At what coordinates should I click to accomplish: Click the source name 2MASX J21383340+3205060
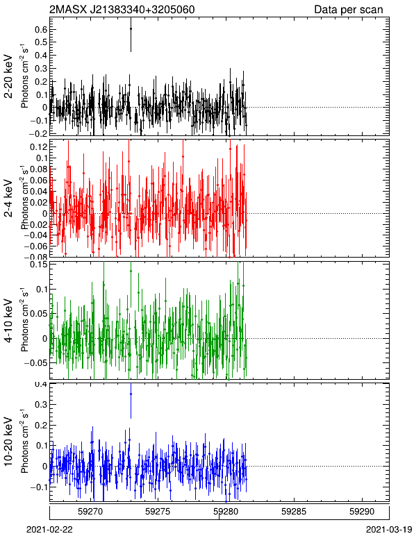122,9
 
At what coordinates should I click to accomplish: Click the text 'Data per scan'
349,10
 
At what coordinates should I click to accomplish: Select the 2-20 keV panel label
9,76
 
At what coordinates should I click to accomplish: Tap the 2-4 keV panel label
9,199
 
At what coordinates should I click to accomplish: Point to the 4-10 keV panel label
9,321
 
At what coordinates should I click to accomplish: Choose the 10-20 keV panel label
9,442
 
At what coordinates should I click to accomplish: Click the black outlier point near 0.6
131,28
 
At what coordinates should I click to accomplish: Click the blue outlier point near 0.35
131,394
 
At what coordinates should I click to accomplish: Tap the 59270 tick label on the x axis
90,512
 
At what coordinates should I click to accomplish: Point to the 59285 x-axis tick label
294,512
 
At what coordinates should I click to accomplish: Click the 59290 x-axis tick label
362,512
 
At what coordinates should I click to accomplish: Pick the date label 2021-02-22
49,530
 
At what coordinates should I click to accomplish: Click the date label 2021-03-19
389,530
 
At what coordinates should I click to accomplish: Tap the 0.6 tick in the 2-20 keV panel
40,29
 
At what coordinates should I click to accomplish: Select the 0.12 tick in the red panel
38,147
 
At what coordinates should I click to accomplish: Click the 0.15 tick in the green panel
38,265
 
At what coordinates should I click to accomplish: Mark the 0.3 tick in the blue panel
40,405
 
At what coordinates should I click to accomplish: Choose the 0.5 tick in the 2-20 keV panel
40,42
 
